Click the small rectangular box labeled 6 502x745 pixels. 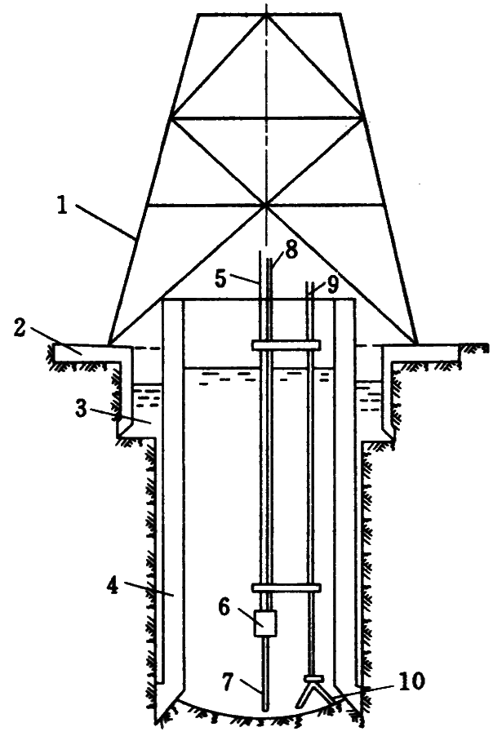[264, 624]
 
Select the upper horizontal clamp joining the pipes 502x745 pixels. [286, 345]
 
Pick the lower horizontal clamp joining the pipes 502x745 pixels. [286, 587]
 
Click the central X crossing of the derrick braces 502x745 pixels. [266, 203]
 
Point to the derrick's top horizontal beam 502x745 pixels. [267, 14]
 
